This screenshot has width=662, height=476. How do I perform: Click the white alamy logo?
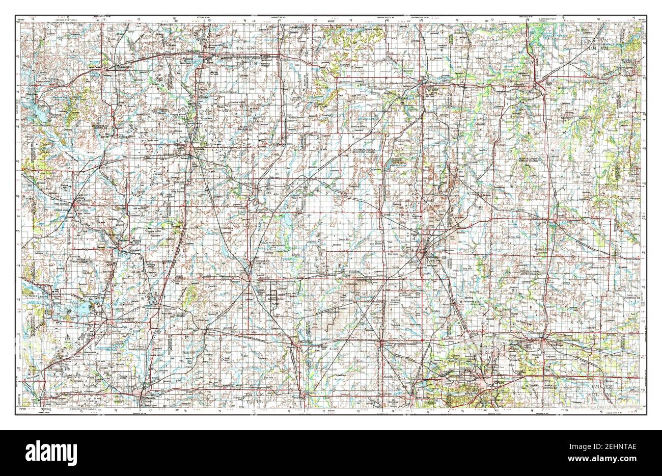click(x=45, y=452)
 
